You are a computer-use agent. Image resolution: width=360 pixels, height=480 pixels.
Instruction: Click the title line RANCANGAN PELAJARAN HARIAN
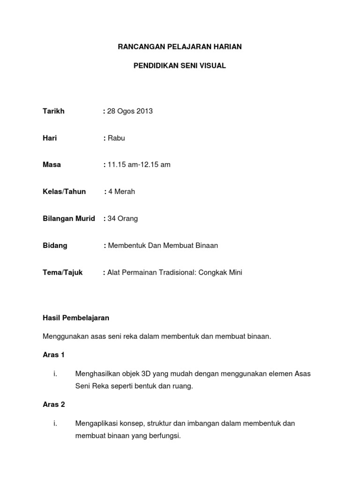[x=180, y=47]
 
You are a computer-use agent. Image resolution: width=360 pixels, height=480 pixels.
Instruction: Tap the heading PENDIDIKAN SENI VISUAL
[x=180, y=66]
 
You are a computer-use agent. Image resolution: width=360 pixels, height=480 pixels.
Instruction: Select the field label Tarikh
[x=53, y=111]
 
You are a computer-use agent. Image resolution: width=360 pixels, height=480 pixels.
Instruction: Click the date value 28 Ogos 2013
[x=130, y=111]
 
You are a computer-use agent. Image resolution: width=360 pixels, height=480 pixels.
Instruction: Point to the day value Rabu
[x=117, y=138]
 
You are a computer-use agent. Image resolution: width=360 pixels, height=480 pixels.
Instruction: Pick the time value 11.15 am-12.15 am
[x=139, y=165]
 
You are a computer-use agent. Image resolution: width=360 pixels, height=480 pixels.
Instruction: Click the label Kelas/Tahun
[x=64, y=192]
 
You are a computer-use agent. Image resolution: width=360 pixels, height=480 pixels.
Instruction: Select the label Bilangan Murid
[x=69, y=218]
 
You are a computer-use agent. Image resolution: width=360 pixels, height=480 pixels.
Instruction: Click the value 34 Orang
[x=123, y=218]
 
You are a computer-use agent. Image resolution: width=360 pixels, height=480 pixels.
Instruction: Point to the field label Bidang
[x=55, y=245]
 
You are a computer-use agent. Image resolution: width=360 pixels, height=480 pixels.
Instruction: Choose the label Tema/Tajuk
[x=63, y=272]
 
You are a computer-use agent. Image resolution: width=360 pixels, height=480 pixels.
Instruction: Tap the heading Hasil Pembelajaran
[x=76, y=318]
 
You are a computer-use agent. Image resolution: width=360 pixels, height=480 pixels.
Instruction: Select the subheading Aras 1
[x=53, y=355]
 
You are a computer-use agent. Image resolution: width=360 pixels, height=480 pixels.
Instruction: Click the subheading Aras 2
[x=53, y=405]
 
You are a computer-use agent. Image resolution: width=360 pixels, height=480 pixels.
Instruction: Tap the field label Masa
[x=52, y=165]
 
